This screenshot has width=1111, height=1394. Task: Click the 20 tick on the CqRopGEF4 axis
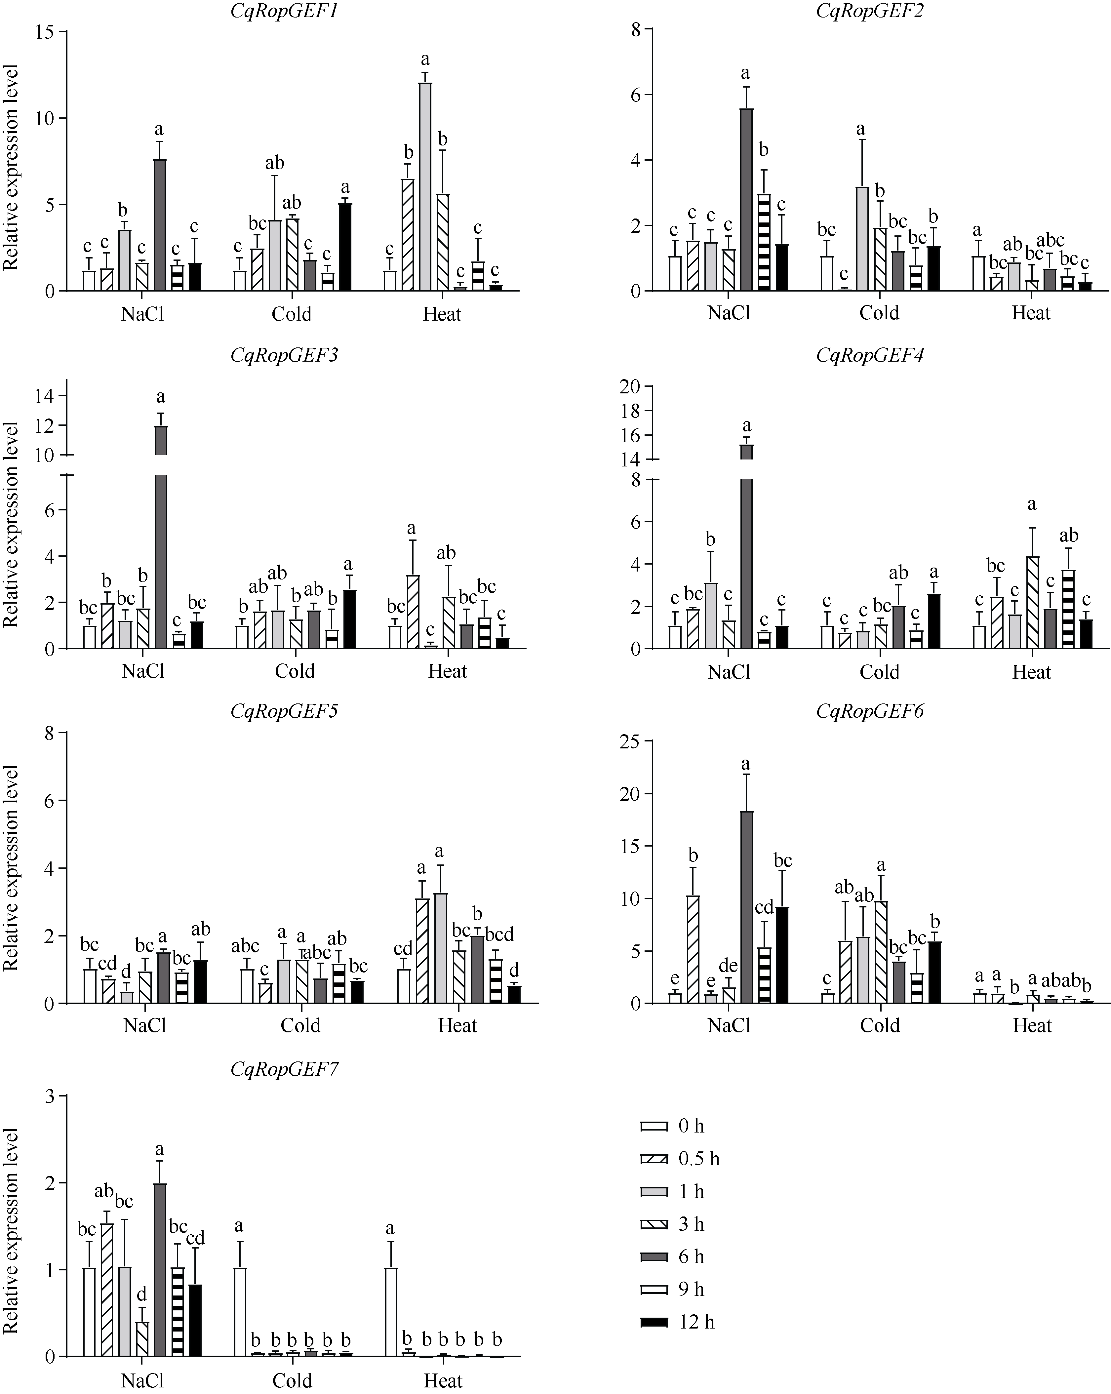point(629,387)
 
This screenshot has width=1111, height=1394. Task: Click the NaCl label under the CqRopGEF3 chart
point(143,671)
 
